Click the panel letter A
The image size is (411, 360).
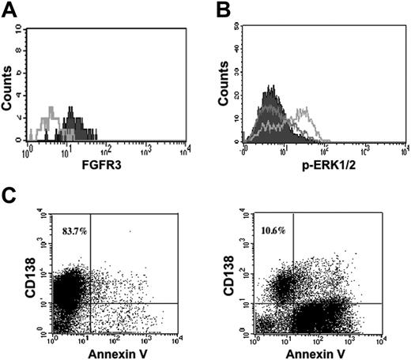click(x=9, y=10)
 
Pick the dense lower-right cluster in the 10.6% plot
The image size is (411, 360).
click(x=316, y=316)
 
